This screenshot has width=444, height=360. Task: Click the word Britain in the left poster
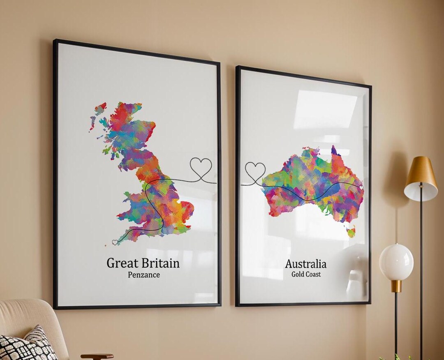tap(160, 263)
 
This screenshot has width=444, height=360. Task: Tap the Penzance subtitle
tap(143, 275)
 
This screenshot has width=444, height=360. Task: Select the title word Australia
tap(306, 264)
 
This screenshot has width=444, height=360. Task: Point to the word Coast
tap(313, 275)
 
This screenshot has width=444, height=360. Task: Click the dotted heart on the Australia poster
tap(255, 171)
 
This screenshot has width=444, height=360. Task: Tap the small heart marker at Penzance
tap(115, 242)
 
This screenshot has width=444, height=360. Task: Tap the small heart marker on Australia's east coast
tap(361, 187)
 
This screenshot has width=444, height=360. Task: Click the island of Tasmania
tap(351, 232)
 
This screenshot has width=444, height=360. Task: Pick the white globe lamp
tap(396, 262)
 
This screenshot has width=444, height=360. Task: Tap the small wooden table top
tap(97, 356)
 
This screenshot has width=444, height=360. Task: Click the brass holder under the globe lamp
tap(396, 286)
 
